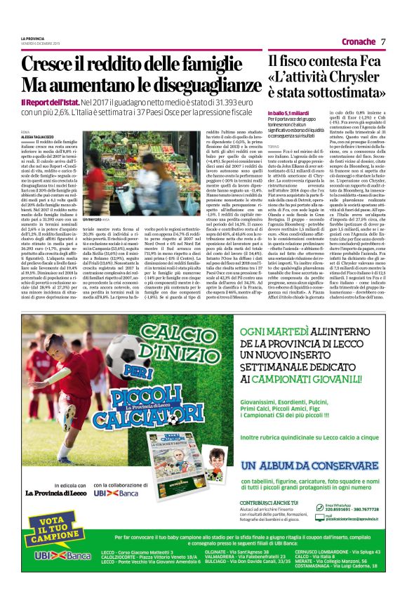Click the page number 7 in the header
tap(384, 41)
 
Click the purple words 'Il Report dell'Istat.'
tap(46, 102)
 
